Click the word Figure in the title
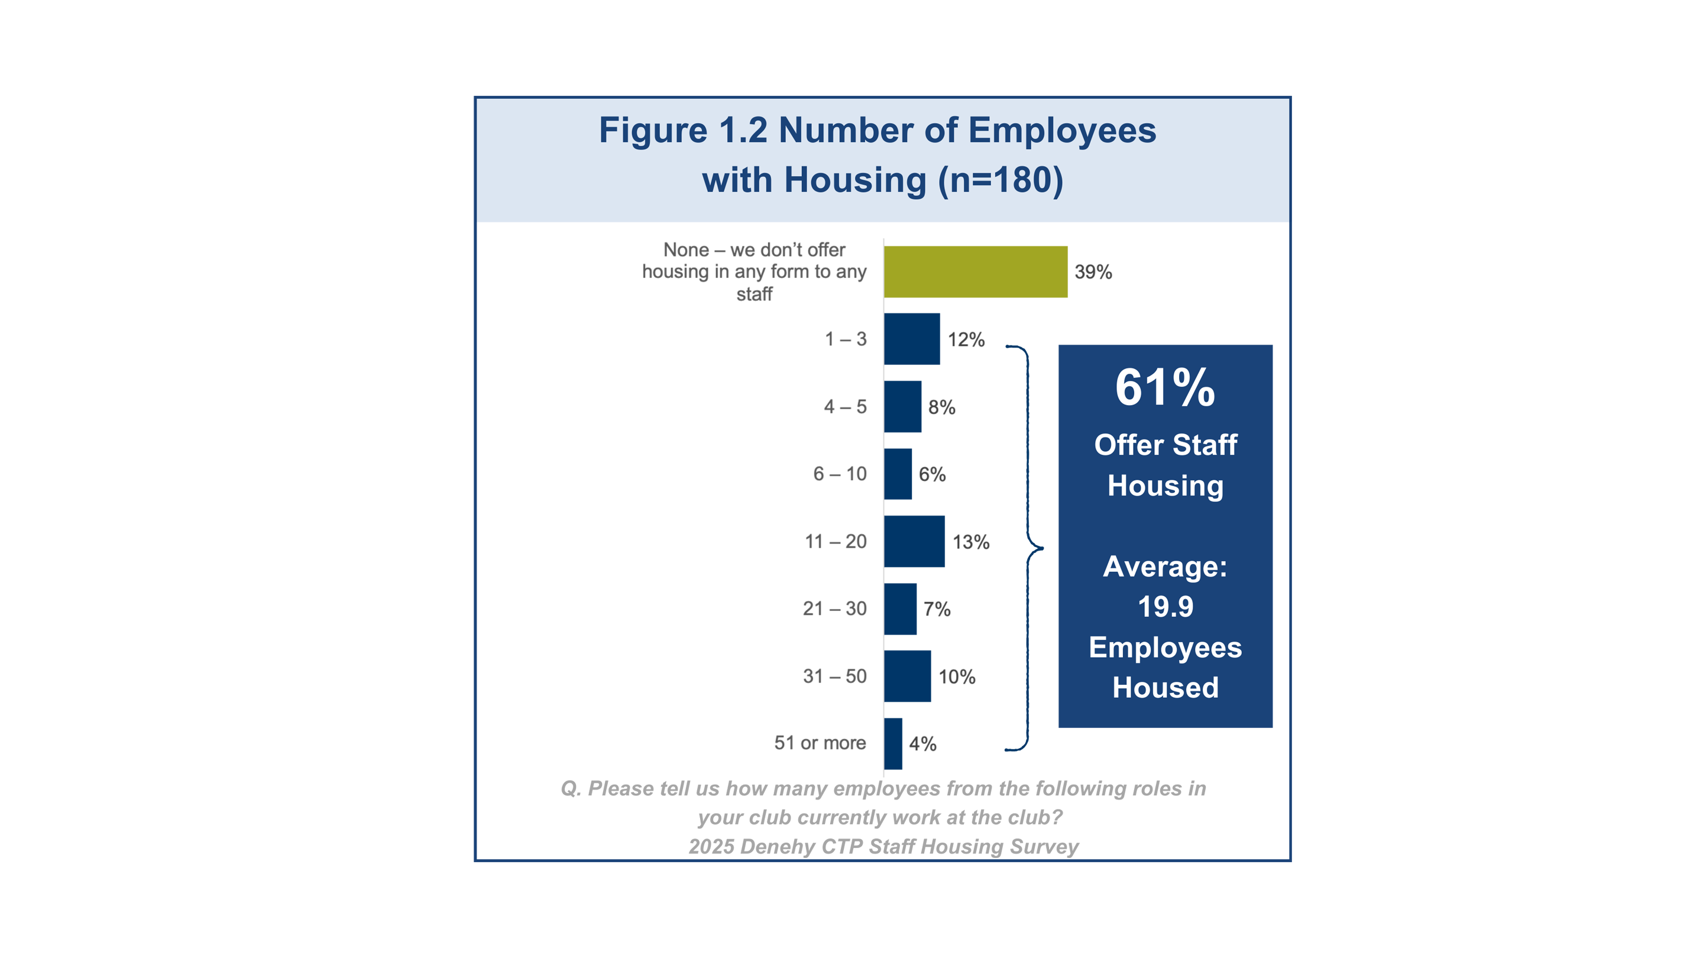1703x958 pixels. pyautogui.click(x=652, y=131)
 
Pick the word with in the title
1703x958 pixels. pyautogui.click(x=736, y=180)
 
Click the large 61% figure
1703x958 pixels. pyautogui.click(x=1165, y=388)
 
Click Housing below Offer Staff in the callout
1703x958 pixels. pyautogui.click(x=1165, y=486)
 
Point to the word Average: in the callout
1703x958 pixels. pyautogui.click(x=1165, y=567)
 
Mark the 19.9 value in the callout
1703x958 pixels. pyautogui.click(x=1165, y=607)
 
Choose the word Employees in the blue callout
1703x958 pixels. pyautogui.click(x=1165, y=648)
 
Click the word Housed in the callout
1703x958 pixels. pyautogui.click(x=1165, y=688)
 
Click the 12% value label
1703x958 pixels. pyautogui.click(x=967, y=340)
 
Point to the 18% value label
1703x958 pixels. pyautogui.click(x=970, y=542)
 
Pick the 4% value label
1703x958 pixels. pyautogui.click(x=922, y=743)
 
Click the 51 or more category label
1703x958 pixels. pyautogui.click(x=820, y=743)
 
